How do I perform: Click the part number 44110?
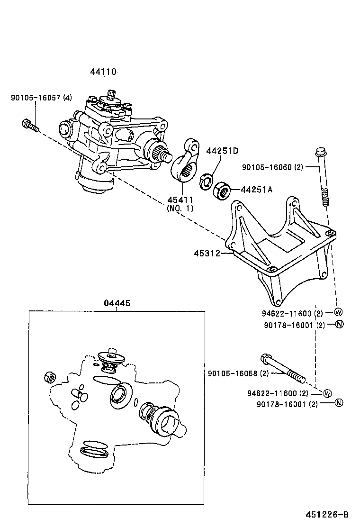pos(103,72)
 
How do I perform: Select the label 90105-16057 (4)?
pos(42,98)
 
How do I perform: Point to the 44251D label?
pos(222,151)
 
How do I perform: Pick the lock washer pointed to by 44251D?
pos(206,181)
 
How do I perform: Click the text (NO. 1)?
pos(180,208)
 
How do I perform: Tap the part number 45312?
pos(207,254)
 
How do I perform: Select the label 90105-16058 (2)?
pos(238,373)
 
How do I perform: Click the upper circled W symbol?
pos(339,312)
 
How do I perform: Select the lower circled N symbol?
pos(339,403)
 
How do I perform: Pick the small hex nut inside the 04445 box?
pos(49,377)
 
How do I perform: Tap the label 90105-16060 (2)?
pos(272,167)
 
